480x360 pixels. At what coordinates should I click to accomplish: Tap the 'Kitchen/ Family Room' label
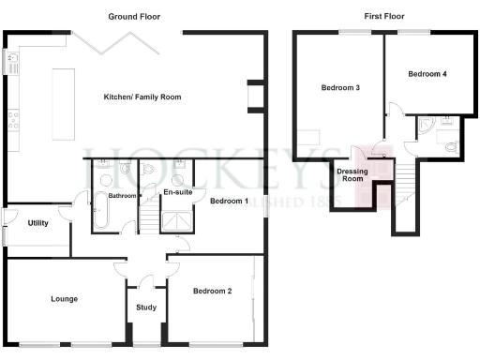click(142, 97)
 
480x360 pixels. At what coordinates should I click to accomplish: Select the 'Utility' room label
click(38, 223)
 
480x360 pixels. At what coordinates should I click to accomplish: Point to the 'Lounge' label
click(64, 299)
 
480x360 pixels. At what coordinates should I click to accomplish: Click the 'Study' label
click(145, 307)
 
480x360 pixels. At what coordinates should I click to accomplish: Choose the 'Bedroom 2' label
click(212, 292)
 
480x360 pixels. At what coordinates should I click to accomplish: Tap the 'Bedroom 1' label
click(228, 201)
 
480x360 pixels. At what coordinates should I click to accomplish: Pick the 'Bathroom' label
click(122, 196)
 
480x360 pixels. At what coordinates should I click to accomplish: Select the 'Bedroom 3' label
click(340, 88)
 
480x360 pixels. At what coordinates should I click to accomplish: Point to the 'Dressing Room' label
click(352, 173)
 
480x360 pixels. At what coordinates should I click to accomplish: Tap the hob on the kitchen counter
click(13, 119)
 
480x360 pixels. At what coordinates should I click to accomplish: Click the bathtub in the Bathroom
click(100, 212)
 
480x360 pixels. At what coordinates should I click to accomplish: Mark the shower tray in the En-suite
click(175, 220)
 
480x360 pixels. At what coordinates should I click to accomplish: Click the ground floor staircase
click(150, 219)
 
